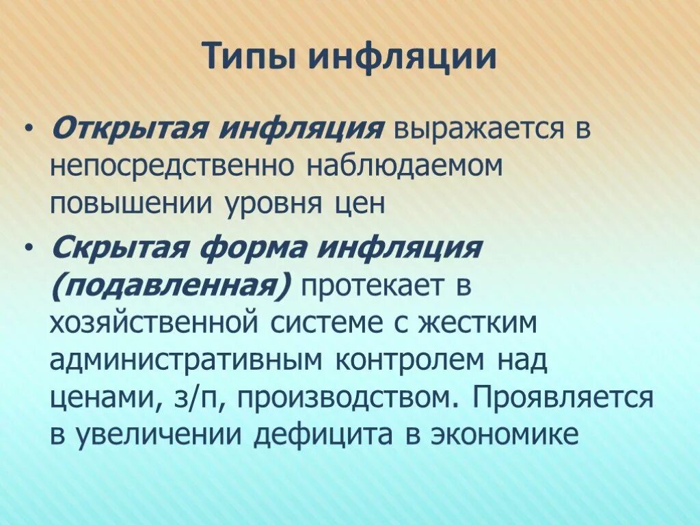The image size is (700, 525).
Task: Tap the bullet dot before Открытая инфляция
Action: click(x=28, y=128)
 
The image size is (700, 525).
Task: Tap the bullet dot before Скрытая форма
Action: click(x=28, y=247)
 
